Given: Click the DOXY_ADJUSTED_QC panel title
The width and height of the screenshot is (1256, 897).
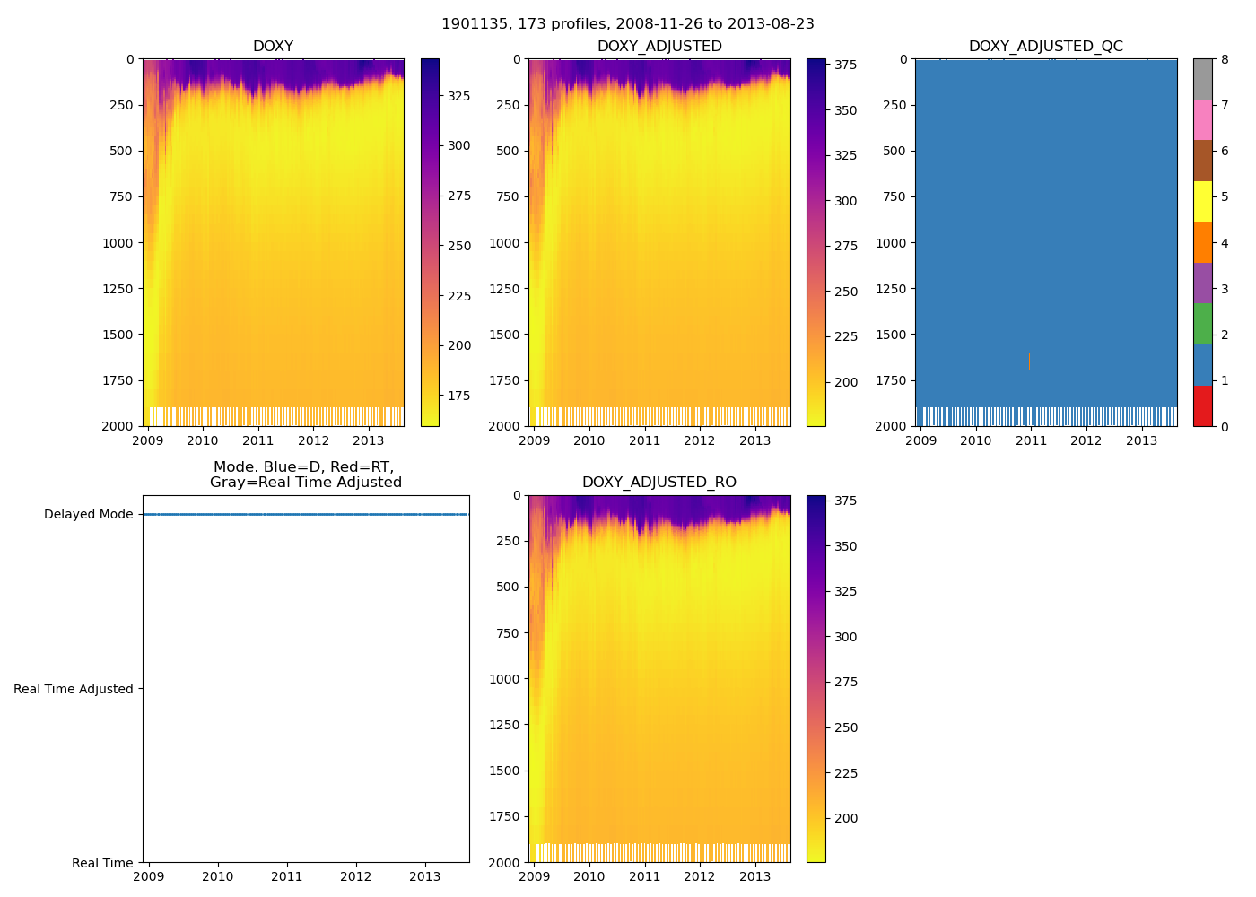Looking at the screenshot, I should tap(1045, 47).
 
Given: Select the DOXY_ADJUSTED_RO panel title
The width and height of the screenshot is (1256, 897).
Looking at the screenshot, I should tap(659, 483).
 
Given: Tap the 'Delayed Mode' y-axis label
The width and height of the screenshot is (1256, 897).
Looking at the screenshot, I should tap(88, 515).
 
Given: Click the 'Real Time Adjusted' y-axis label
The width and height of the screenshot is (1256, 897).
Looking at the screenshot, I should tap(74, 689).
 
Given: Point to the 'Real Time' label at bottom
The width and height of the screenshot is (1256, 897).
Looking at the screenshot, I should tap(102, 863).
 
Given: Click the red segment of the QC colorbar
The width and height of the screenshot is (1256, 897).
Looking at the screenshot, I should tap(1202, 405).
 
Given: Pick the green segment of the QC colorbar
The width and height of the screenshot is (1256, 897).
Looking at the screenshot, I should tap(1202, 324).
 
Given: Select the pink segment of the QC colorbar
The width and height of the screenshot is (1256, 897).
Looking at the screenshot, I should tap(1202, 119).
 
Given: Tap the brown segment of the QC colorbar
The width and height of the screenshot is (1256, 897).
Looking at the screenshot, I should tap(1202, 161).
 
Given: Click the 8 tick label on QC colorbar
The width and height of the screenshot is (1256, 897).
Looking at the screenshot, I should tap(1225, 59).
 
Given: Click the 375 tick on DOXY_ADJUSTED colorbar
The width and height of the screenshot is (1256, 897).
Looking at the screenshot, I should tap(845, 65).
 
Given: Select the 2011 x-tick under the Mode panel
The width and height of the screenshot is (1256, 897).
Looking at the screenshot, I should tap(287, 877).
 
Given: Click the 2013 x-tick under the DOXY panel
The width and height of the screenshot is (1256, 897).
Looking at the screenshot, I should tap(369, 440).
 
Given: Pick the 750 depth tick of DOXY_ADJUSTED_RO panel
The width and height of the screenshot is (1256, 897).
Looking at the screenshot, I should tap(507, 633).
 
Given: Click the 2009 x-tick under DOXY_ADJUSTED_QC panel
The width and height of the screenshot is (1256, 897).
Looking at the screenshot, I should tap(920, 440).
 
